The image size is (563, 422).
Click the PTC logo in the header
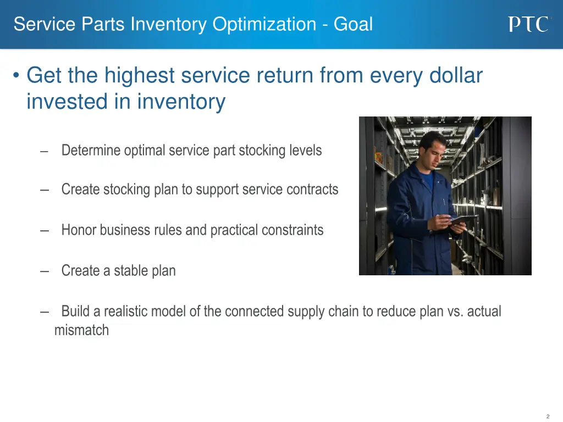coord(528,24)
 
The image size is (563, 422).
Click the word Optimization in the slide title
coord(264,24)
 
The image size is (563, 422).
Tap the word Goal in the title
coord(355,24)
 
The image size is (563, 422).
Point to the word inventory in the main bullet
coord(181,102)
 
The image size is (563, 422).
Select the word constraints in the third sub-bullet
coord(295,230)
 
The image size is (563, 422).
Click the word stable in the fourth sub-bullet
coord(128,270)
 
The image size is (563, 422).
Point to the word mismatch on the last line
coord(81,330)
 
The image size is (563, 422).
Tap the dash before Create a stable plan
coord(44,270)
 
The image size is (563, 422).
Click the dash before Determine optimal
coord(44,151)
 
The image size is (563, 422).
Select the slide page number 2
coord(548,417)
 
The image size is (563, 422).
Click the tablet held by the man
coord(462,219)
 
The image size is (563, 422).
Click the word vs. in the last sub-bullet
coord(455,312)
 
